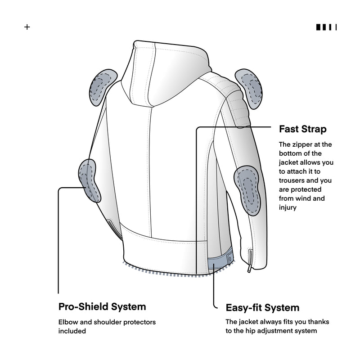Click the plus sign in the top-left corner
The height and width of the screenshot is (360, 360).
click(27, 27)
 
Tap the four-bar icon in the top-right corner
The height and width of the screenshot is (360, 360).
click(327, 27)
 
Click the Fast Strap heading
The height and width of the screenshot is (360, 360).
click(302, 129)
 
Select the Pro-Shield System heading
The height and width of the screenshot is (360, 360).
click(102, 306)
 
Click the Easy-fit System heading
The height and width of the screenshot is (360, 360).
click(262, 308)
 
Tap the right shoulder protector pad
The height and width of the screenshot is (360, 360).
click(250, 87)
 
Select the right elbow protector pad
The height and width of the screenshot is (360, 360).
click(247, 189)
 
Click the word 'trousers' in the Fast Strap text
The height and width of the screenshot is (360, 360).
click(293, 180)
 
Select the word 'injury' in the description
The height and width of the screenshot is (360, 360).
click(288, 207)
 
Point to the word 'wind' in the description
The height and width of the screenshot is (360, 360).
click(314, 198)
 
